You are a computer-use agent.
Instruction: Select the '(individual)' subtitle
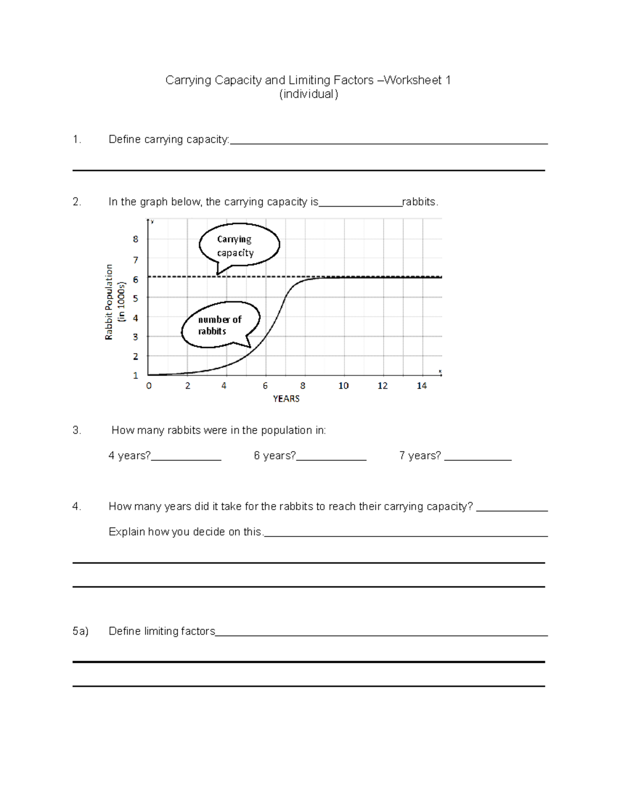(308, 95)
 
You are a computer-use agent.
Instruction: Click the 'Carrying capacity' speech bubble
(239, 246)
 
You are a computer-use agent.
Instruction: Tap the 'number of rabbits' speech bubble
(220, 325)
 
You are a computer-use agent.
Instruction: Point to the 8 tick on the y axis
(136, 239)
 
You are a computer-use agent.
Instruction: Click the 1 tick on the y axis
(136, 376)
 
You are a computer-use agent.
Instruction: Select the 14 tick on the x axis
(422, 386)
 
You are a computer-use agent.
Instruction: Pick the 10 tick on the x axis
(343, 386)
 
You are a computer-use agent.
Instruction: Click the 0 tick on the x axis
(149, 386)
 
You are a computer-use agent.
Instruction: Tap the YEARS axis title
(286, 399)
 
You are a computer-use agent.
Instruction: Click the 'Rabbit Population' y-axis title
(109, 302)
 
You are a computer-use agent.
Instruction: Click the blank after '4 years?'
(186, 457)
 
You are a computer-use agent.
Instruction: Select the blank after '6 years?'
(331, 457)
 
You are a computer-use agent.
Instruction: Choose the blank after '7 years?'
(478, 457)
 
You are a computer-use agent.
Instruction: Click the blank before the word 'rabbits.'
(360, 203)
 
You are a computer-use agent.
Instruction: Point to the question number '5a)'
(80, 631)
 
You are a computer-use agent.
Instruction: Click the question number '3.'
(77, 431)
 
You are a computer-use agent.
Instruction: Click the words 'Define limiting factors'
(162, 631)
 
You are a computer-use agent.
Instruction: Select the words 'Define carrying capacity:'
(169, 140)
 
